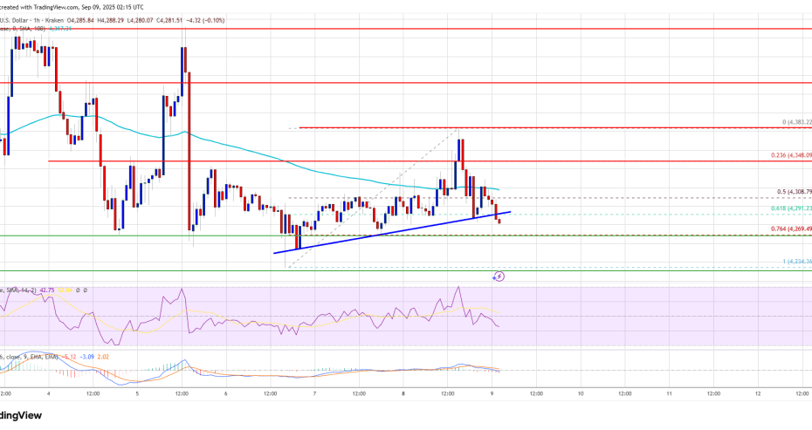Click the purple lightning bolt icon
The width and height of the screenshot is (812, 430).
pos(499,276)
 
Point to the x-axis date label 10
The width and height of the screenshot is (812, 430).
pos(581,393)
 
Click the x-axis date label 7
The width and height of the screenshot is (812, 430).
pos(315,393)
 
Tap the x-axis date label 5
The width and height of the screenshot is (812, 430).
pos(137,393)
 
